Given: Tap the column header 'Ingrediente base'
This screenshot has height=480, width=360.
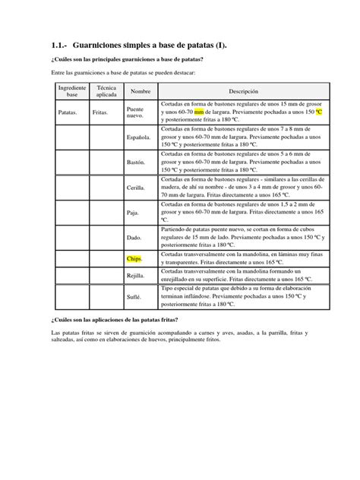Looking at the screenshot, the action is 72,91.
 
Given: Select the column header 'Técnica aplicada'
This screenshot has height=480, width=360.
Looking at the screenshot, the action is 106,91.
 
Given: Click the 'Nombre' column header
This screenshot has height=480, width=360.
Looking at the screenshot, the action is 141,91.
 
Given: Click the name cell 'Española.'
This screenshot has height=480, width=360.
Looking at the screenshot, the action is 139,137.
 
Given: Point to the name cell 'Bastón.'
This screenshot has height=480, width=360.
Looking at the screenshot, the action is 137,163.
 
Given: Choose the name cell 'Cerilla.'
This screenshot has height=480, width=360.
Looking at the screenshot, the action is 137,188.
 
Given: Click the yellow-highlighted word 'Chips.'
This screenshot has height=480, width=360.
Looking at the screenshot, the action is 135,259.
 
